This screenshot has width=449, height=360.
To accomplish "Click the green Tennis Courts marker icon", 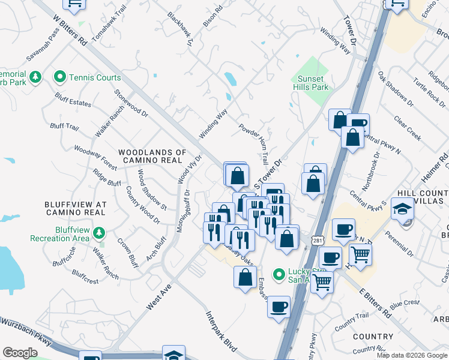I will tap(59, 77).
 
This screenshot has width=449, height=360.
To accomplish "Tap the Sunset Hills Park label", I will tap(310, 83).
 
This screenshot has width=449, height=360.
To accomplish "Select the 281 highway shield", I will tap(316, 240).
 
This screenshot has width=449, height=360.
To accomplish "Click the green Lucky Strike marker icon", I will tap(279, 275).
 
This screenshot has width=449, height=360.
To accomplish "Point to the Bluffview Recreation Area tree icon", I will tap(98, 233).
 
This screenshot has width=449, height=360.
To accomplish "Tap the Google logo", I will tap(20, 353).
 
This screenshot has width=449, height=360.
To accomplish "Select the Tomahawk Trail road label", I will tap(109, 25).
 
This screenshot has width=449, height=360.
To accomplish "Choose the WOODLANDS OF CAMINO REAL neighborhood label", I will tap(152, 156).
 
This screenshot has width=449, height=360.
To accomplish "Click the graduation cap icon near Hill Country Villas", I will tap(402, 209).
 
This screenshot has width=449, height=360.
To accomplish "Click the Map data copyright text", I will tap(412, 355).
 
